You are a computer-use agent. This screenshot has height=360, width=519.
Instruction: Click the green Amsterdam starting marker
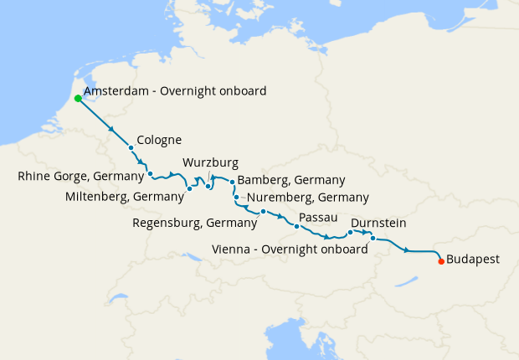coord(78,98)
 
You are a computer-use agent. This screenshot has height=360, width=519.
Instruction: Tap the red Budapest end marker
coord(441,261)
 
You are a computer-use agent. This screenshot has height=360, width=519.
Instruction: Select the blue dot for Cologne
coord(131,148)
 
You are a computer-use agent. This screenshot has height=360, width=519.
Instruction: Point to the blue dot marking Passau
coord(297,227)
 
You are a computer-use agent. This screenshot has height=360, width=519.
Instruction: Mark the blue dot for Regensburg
coord(263,211)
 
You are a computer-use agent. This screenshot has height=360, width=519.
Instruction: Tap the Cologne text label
coord(159,140)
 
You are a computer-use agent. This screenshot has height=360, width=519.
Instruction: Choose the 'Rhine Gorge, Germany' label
coord(80,176)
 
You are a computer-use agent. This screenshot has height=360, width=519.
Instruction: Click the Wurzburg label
coord(210,162)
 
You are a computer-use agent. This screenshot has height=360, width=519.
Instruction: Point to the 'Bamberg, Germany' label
coord(291,180)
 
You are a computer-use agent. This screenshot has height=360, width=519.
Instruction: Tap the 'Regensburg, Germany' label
coord(195,223)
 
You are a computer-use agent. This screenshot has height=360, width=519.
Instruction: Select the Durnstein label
coord(379,224)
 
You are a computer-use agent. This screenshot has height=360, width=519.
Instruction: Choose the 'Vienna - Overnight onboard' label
coord(290,249)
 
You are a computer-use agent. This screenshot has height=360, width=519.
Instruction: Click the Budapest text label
coord(473,260)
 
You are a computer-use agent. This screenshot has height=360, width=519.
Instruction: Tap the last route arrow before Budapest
coord(407,250)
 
